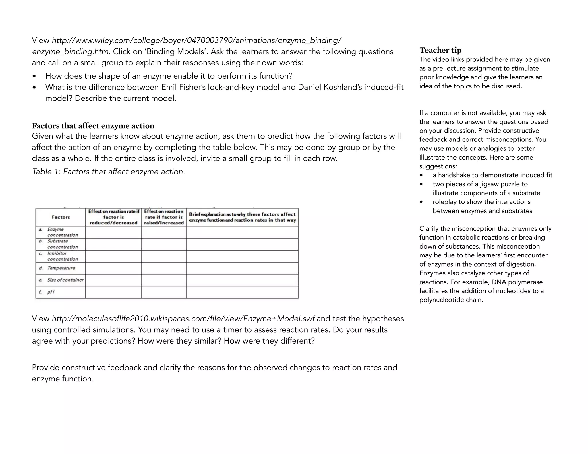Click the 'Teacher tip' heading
440,50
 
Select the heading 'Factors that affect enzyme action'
93,126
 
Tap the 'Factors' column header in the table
61,217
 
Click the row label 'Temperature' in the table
61,268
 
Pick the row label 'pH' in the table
51,292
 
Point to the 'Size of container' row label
65,280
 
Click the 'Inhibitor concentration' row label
62,256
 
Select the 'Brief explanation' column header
242,217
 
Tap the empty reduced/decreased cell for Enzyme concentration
113,232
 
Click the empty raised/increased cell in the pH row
164,292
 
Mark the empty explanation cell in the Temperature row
242,268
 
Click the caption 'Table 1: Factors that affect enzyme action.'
109,172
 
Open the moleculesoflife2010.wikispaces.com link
183,319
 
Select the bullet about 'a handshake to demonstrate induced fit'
492,175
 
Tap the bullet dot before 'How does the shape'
34,76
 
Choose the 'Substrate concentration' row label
62,244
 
